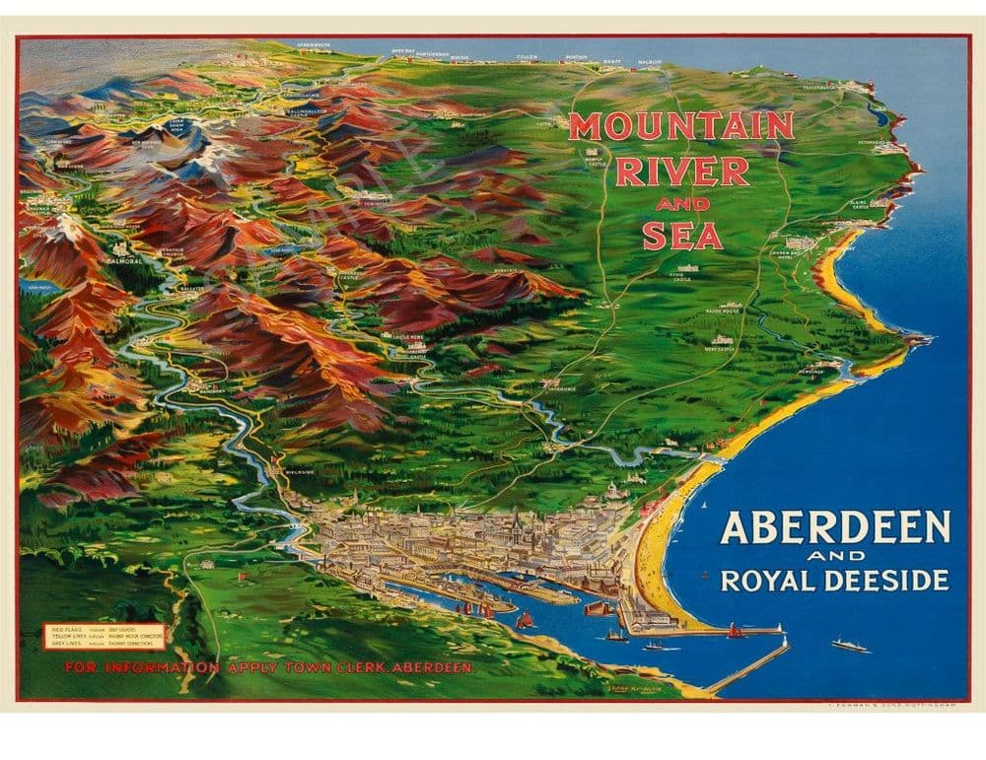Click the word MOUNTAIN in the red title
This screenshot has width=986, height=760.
click(x=680, y=126)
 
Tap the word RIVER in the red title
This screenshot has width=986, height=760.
click(x=681, y=172)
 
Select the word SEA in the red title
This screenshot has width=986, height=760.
click(x=682, y=236)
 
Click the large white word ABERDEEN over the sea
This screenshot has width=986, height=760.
click(x=835, y=528)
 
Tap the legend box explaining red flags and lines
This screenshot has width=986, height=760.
click(x=104, y=637)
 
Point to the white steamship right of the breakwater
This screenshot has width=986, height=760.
click(x=849, y=646)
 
